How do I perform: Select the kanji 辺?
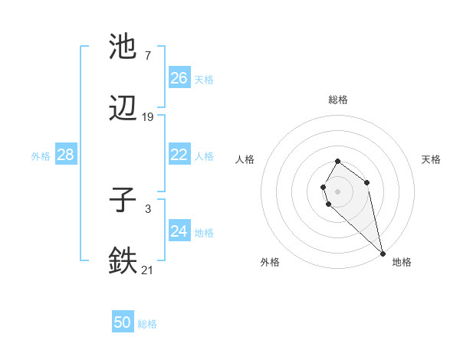123,110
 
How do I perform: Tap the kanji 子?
123,201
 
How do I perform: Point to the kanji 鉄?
123,261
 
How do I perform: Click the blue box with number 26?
179,78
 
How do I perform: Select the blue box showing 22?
179,155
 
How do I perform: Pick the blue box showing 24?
179,231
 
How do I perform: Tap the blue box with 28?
66,155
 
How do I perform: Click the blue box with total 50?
123,322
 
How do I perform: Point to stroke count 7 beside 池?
147,56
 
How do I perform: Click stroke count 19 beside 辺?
148,117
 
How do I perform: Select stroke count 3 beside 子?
147,208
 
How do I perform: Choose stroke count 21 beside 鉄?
148,270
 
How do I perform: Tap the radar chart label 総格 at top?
338,100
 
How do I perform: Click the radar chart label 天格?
431,159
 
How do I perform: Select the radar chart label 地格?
402,262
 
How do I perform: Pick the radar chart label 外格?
270,262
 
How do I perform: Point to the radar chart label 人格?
246,159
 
